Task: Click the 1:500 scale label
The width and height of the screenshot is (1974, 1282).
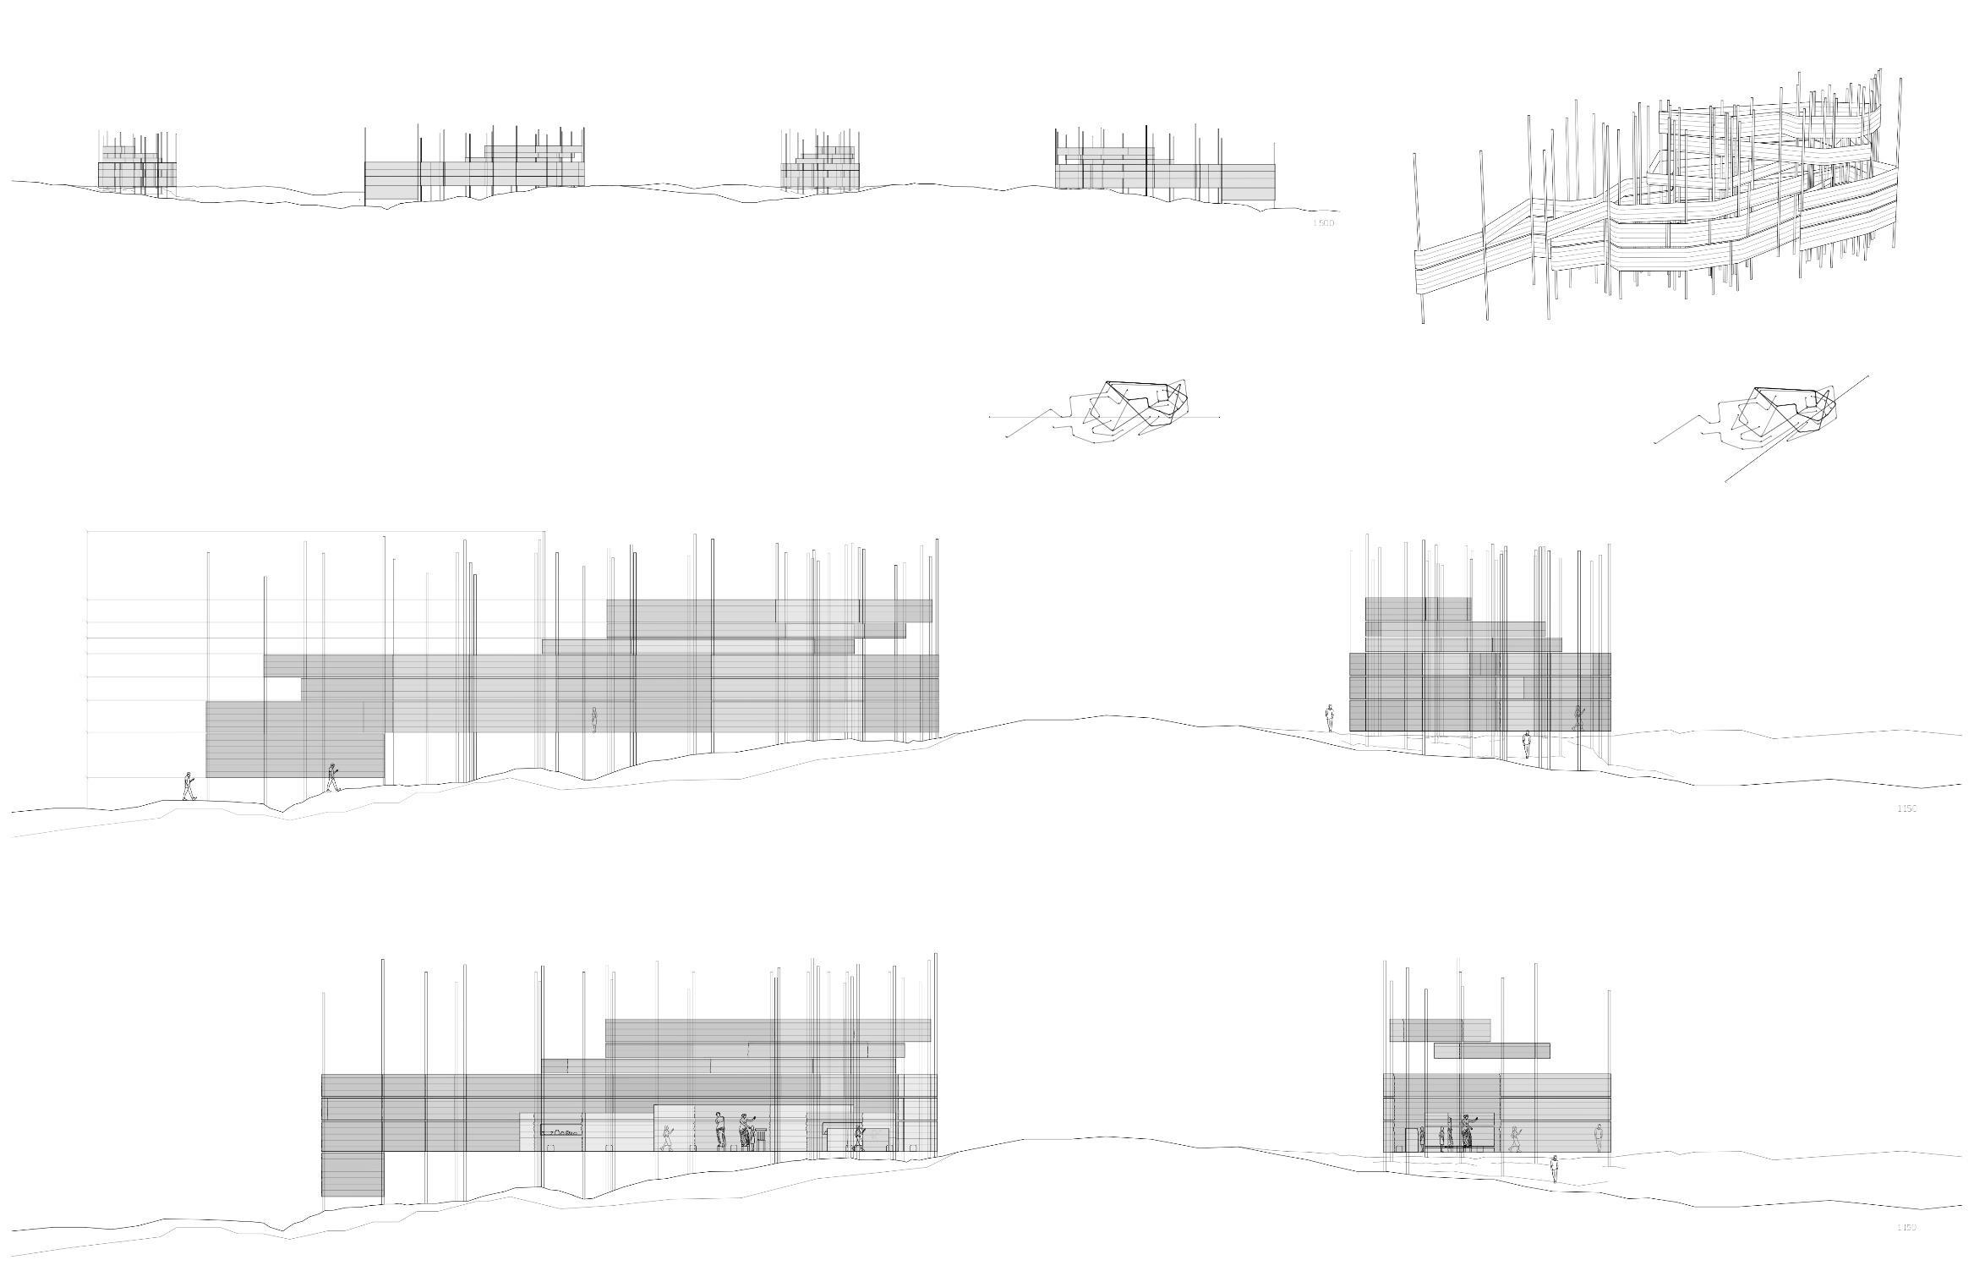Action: tap(1323, 223)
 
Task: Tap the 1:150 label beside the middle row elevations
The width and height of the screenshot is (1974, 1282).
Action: tap(1906, 808)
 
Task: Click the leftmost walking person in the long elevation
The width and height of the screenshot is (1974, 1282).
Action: tap(189, 786)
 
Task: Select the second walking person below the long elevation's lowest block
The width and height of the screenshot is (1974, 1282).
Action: tap(332, 777)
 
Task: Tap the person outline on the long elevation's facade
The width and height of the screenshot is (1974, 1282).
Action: tap(594, 720)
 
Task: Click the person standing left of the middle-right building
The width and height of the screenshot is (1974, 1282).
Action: tap(1329, 718)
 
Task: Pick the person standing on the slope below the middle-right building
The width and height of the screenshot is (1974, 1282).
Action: tap(1526, 745)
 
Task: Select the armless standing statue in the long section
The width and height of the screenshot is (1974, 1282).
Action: tap(720, 1130)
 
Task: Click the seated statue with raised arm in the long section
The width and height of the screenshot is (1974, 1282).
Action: tap(746, 1131)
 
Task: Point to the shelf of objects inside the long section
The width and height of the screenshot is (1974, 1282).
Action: tap(562, 1131)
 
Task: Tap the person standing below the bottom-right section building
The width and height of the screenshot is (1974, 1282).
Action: tap(1554, 1170)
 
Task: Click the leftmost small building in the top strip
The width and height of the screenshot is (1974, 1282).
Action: tap(137, 169)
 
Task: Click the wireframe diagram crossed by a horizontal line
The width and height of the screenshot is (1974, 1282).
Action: tap(1129, 410)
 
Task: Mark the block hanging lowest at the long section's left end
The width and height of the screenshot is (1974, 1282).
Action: tap(352, 1174)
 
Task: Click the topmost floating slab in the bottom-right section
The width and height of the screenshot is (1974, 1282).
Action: tap(1440, 1029)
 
